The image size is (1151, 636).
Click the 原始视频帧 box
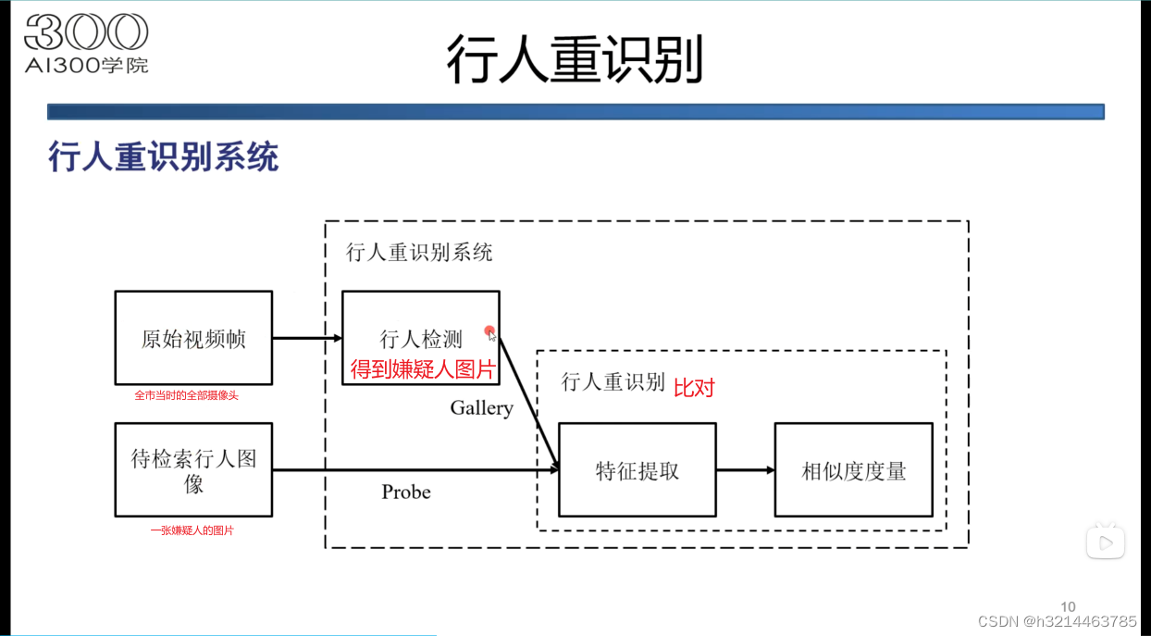click(193, 338)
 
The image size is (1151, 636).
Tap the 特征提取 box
click(637, 470)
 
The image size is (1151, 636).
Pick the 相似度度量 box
click(853, 470)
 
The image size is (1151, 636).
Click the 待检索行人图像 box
click(193, 470)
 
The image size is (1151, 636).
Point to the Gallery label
click(481, 408)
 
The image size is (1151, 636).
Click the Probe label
click(406, 492)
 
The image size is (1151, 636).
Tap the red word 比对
click(694, 388)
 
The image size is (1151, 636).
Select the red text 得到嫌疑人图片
click(424, 370)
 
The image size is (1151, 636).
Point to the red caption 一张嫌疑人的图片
click(192, 531)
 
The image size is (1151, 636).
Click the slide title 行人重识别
click(575, 60)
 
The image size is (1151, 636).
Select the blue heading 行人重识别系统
click(163, 157)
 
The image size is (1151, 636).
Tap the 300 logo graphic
click(86, 33)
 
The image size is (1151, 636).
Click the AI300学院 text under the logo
click(86, 65)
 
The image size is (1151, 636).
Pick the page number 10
click(1068, 607)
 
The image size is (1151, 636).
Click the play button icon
click(1105, 542)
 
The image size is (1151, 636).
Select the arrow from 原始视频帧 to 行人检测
click(306, 338)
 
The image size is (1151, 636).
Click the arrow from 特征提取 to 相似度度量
click(745, 470)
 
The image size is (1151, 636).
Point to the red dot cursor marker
click(489, 331)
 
